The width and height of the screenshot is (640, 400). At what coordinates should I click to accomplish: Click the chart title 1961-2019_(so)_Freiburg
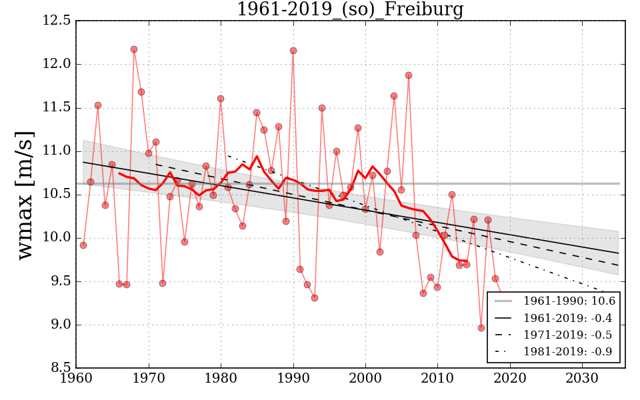click(x=350, y=9)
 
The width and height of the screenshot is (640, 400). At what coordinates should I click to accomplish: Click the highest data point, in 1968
click(x=134, y=49)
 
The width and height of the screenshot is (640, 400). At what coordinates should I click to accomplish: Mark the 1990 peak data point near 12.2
click(x=293, y=51)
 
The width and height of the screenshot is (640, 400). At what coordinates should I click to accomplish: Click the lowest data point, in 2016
click(x=481, y=327)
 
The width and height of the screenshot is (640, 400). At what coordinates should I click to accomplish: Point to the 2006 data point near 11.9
click(x=409, y=75)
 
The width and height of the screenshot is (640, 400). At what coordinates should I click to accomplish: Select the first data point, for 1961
click(x=83, y=245)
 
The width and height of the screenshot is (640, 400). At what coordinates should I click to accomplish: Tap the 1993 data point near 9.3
click(x=315, y=298)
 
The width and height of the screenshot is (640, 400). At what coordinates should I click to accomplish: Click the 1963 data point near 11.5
click(x=98, y=105)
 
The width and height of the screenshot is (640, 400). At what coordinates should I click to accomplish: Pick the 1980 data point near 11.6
click(x=221, y=99)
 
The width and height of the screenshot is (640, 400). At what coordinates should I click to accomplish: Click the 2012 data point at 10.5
click(x=452, y=195)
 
